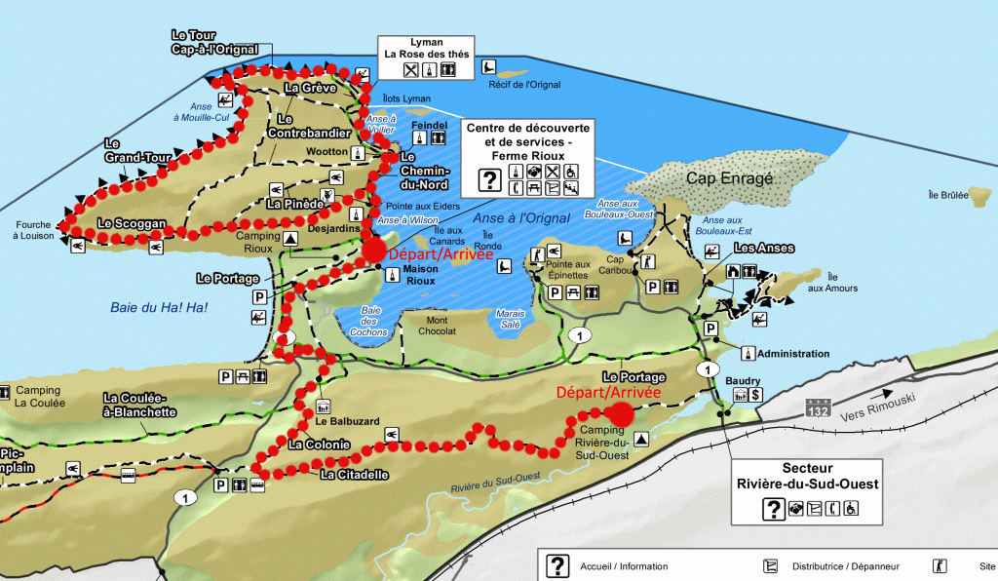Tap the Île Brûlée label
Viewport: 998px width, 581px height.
[948, 195]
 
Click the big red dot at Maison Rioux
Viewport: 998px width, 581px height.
[373, 252]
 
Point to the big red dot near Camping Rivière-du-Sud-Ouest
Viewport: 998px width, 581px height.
[621, 413]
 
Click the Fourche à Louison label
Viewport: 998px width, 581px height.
[31, 229]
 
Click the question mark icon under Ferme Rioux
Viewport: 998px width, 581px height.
[489, 178]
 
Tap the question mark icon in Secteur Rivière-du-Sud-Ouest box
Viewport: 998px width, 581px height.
[773, 508]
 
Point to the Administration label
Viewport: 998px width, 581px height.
[792, 353]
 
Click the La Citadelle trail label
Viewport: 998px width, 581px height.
[355, 475]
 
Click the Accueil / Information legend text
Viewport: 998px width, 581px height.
[624, 566]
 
